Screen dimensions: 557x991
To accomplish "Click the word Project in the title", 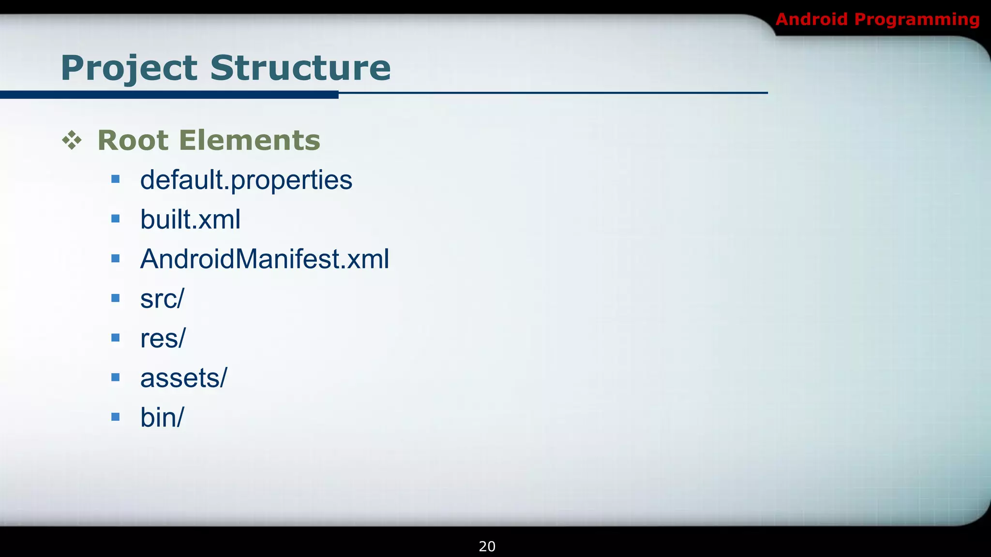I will click(129, 68).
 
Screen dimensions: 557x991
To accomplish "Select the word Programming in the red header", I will click(917, 20).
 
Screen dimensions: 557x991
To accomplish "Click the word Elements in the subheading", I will click(250, 140).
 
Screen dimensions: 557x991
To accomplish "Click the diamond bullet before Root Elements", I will click(72, 140).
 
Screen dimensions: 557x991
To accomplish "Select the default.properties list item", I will click(246, 180).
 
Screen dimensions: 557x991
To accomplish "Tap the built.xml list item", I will click(190, 220).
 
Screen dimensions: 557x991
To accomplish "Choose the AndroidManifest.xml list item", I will click(264, 259).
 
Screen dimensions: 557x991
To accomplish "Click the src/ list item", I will click(162, 299).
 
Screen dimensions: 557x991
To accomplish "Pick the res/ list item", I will click(163, 338).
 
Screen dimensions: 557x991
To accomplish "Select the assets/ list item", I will click(183, 378).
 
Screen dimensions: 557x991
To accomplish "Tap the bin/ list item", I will click(162, 417).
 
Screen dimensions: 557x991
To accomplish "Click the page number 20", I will click(487, 546).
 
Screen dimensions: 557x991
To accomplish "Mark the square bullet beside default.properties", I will click(115, 179).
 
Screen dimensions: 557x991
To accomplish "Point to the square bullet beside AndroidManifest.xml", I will click(115, 259).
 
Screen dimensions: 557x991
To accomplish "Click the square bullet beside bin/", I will click(115, 417).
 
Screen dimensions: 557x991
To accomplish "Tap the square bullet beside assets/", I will click(115, 377).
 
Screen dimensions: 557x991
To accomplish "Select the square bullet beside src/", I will click(115, 298).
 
